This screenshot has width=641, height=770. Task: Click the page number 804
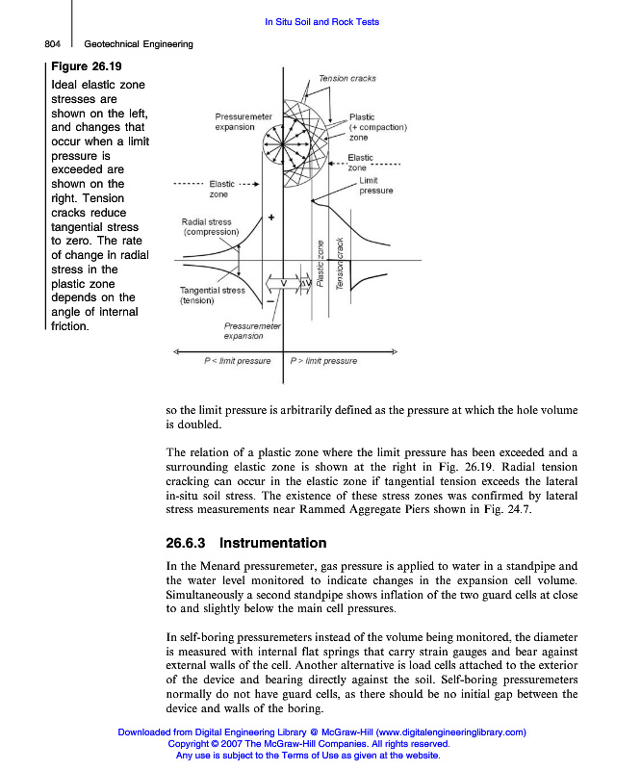pos(54,43)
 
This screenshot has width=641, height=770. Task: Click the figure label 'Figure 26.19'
pos(87,66)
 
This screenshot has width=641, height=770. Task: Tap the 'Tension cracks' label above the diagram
pos(346,78)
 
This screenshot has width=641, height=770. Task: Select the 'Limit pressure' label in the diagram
pos(375,186)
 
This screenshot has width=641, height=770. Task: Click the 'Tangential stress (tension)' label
pos(212,295)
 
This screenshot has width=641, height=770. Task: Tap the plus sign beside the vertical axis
pos(271,218)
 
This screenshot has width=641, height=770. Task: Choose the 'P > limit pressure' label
pos(323,361)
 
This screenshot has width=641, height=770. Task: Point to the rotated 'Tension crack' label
pos(340,264)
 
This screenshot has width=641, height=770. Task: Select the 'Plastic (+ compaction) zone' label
pos(377,127)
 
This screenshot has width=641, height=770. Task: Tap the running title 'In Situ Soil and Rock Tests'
pos(320,21)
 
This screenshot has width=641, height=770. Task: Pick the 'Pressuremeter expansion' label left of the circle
pos(235,122)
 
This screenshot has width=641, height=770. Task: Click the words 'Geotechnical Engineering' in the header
pos(139,43)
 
